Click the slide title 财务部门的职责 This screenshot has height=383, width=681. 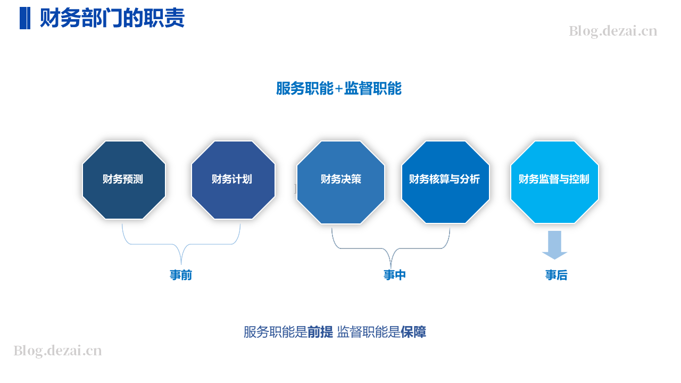pos(112,18)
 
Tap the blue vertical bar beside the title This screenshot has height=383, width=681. pos(25,18)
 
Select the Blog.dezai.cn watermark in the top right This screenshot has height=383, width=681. pos(613,31)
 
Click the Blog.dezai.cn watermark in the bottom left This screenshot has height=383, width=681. pos(57,351)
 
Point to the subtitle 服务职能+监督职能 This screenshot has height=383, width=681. pos(339,88)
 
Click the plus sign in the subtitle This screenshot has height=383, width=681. pos(339,89)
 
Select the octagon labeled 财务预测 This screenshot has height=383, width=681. pos(124,180)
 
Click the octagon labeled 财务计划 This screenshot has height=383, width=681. pos(233,180)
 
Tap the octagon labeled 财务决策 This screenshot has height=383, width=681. pos(340,182)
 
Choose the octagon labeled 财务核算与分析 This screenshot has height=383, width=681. pos(445,182)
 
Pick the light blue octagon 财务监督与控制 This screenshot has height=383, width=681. pos(554,182)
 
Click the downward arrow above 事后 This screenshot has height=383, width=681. pos(554,245)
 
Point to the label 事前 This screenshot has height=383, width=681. pos(181,275)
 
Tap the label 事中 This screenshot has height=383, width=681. pos(395,275)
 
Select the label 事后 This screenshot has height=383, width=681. pos(557,275)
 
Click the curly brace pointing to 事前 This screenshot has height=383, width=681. pos(181,244)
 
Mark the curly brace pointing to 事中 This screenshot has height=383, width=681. pos(391,248)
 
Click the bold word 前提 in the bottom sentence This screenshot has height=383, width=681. pos(320,332)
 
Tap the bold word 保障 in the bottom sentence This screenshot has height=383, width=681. pos(413,332)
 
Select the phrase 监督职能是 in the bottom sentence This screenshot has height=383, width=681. pos(369,332)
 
